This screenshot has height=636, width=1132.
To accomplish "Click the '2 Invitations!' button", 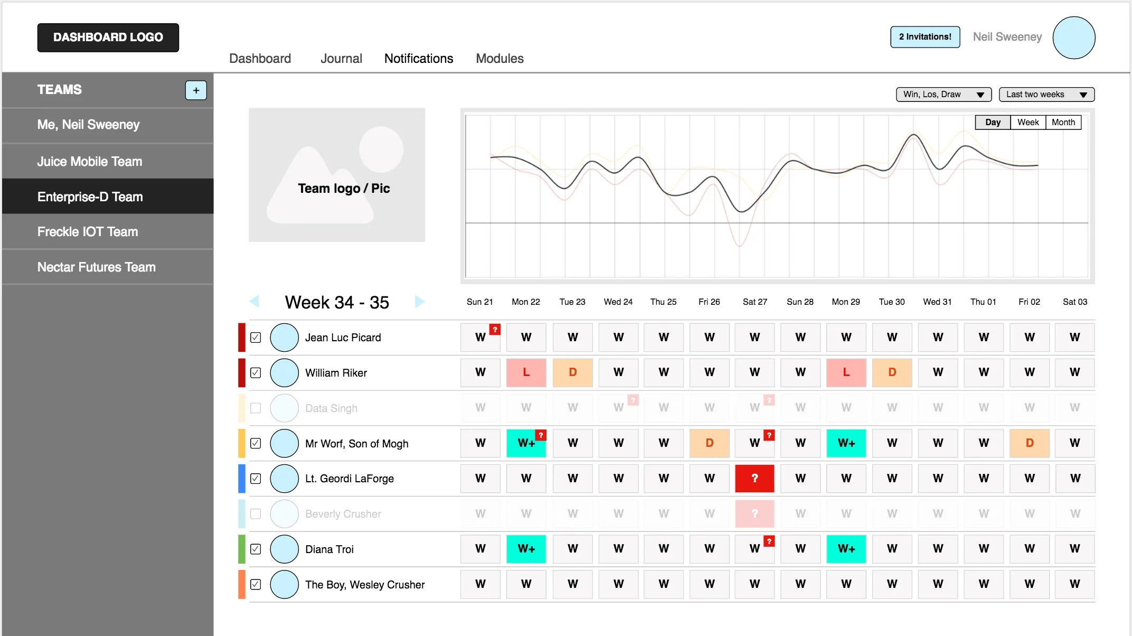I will (925, 37).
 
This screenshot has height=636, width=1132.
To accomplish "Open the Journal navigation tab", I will (341, 59).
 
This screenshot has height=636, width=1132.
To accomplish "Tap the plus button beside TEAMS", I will (196, 90).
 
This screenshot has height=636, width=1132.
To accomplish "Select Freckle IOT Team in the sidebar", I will (88, 232).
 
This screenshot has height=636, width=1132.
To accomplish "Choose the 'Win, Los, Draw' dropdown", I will (944, 95).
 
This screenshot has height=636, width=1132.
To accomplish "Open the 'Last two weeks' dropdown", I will (1046, 95).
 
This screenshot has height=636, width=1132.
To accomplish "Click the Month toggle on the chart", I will (1063, 123).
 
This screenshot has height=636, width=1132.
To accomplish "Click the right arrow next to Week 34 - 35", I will (420, 302).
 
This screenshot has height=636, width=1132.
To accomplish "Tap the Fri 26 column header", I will (709, 302).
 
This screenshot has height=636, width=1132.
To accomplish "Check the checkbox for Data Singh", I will (256, 408).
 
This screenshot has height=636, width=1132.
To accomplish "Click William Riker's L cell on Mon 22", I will (526, 372).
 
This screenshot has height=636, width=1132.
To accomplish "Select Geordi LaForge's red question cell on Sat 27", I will (754, 479).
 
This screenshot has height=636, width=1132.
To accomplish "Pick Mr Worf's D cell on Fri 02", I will (1029, 443).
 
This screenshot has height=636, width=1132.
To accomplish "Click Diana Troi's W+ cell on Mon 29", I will (846, 549).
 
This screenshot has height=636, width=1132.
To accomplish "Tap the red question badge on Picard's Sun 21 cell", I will (495, 330).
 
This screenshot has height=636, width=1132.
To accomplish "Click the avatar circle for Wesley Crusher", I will (285, 585).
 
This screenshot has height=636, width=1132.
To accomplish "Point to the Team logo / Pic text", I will (344, 189).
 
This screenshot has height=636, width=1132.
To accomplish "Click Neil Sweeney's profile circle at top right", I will (1073, 38).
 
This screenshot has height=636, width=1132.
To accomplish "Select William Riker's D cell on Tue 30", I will (892, 372).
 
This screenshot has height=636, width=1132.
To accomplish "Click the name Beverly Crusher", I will (343, 514).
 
